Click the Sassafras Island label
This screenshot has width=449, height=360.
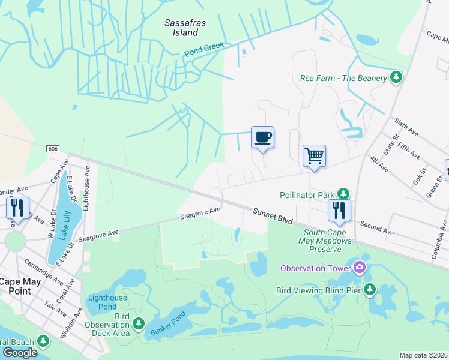tap(182, 28)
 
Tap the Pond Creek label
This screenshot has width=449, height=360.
tap(203, 49)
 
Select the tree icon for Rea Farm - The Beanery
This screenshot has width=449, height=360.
tap(396, 77)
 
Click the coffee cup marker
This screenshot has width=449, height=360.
tap(262, 137)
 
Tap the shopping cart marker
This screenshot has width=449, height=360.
tap(314, 157)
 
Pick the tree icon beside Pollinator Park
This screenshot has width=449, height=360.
tap(343, 194)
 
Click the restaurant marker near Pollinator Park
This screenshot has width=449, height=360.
tap(339, 211)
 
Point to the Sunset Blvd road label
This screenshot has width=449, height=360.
tap(273, 216)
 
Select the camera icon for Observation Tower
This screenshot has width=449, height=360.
tap(359, 267)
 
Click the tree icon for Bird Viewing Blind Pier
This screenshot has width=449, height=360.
tap(370, 290)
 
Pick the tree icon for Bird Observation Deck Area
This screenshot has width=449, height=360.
tap(139, 325)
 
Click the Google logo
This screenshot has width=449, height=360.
tap(20, 352)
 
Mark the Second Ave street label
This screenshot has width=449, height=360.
tap(376, 229)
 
